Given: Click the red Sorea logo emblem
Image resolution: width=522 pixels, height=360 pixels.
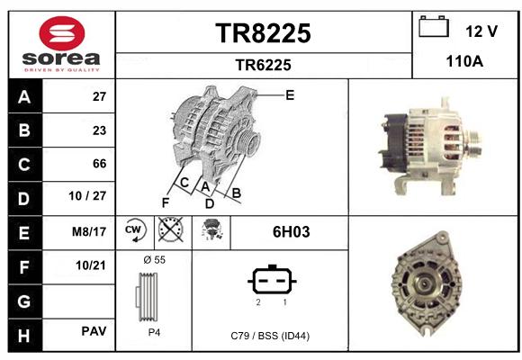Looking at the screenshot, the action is tap(62, 33).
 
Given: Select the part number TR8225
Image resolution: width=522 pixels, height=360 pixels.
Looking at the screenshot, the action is tap(263, 33).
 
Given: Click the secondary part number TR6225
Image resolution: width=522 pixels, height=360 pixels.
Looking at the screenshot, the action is tap(263, 65).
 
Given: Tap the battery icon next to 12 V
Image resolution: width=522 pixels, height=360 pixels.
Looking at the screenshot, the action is tap(434, 26).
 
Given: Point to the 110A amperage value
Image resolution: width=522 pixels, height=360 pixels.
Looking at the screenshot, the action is tap(464, 61).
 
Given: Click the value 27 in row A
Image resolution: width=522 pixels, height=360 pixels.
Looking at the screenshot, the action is tap(99, 96).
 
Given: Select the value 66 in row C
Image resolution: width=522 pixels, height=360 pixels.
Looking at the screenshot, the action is tap(99, 164).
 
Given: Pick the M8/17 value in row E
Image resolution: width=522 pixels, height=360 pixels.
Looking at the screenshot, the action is tap(89, 231).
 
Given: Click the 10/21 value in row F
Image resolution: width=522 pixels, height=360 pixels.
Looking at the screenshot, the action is tap(91, 265).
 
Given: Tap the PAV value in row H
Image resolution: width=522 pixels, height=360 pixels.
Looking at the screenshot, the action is tap(94, 331).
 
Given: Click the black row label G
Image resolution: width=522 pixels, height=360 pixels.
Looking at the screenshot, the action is tap(25, 301).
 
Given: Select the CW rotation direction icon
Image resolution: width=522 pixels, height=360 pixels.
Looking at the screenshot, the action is tap(135, 230).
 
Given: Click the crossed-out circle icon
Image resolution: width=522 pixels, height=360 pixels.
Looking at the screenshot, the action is tap(170, 229).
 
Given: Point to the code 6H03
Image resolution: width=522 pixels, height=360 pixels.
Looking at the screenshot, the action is tap(291, 232).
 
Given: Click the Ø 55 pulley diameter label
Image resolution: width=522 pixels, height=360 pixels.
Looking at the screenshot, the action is tap(154, 260).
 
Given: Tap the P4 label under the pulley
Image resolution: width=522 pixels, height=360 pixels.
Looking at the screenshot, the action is tap(154, 332).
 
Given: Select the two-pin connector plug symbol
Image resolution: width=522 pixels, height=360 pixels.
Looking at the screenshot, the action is tap(272, 280).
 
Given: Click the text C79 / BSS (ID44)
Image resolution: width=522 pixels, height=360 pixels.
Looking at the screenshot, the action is tap(270, 336).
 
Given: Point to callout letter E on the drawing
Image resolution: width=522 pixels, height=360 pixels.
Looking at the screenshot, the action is tap(290, 95).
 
